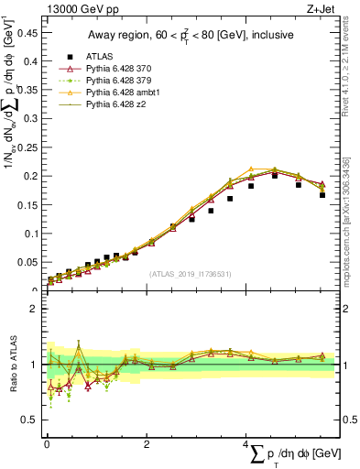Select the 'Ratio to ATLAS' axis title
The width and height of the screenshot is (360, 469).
pyautogui.click(x=16, y=365)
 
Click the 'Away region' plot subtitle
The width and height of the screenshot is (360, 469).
pyautogui.click(x=191, y=36)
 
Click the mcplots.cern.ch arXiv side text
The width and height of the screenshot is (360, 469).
pyautogui.click(x=352, y=215)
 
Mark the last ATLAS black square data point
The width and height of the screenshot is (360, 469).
pyautogui.click(x=322, y=195)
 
